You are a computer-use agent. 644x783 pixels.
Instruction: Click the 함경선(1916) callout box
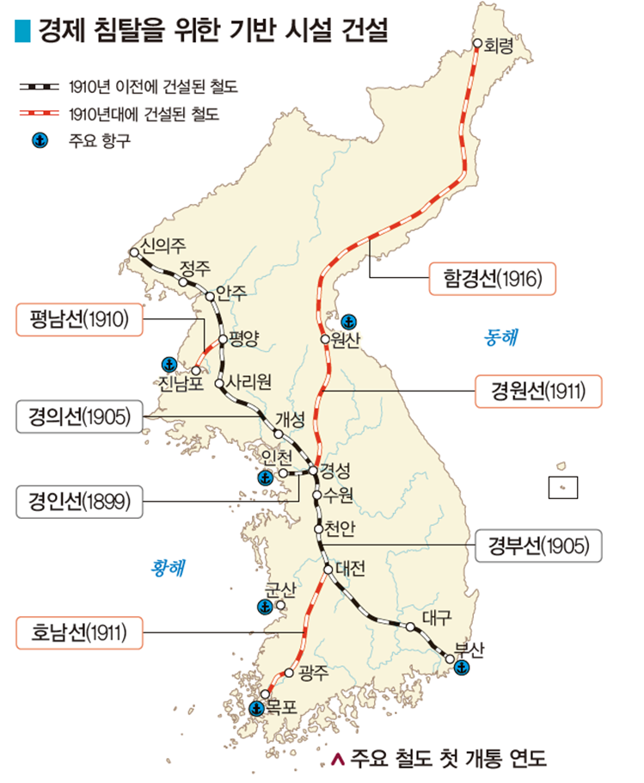494,279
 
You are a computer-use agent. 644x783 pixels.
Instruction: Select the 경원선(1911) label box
538,391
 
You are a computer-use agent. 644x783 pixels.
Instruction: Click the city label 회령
499,46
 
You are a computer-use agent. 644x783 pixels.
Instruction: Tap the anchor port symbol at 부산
462,668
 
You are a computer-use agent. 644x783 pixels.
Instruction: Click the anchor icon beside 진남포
169,364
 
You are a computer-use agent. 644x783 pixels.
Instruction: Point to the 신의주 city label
164,245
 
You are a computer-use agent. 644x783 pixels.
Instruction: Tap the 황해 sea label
169,567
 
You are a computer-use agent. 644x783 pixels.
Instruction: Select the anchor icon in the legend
38,141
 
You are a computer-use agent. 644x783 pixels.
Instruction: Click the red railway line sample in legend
38,113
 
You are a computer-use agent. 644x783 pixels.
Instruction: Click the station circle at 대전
328,569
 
